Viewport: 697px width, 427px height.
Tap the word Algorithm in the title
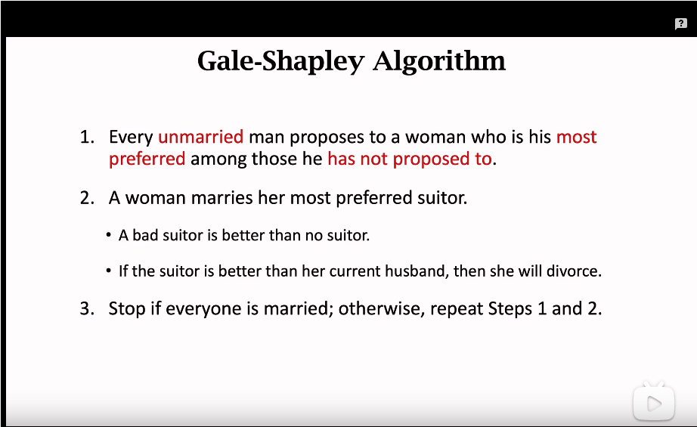(x=439, y=60)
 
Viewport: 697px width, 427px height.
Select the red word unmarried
(x=200, y=137)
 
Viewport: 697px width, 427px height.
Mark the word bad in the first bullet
(x=145, y=235)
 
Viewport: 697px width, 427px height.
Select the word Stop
(x=125, y=308)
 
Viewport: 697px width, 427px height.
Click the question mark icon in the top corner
(x=680, y=24)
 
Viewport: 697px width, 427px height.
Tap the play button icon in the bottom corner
(x=653, y=404)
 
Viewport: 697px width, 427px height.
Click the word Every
(x=131, y=137)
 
